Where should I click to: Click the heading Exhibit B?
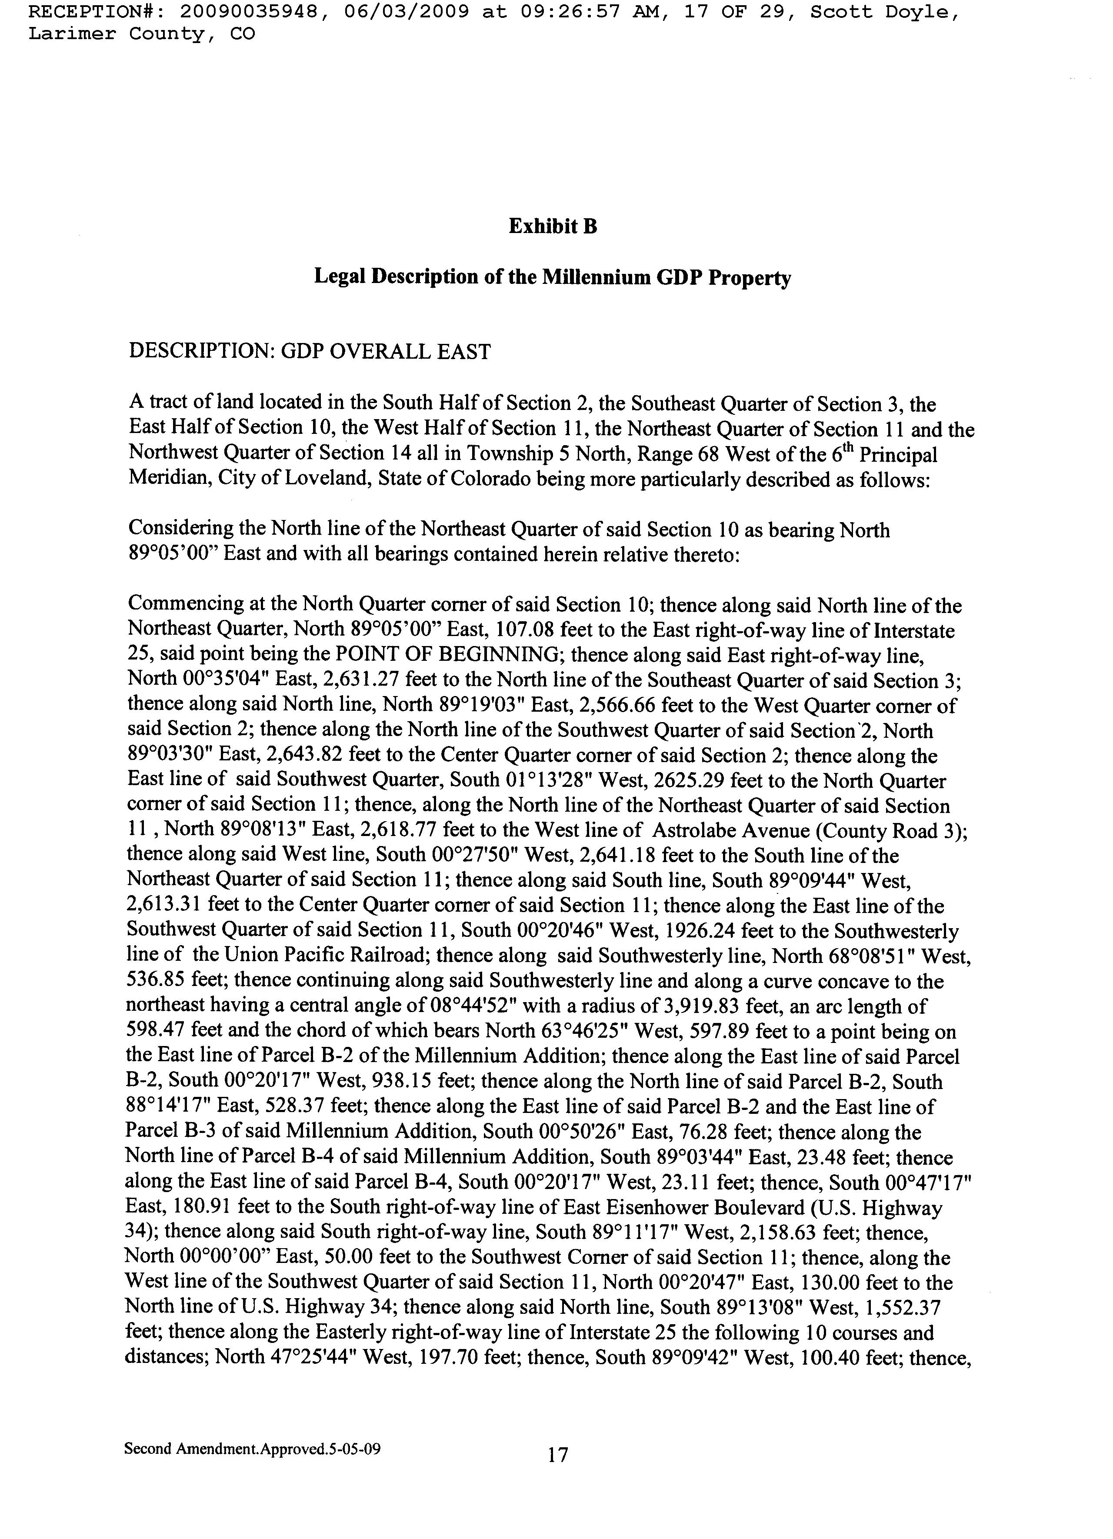[553, 226]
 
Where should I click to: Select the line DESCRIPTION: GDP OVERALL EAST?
[310, 352]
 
